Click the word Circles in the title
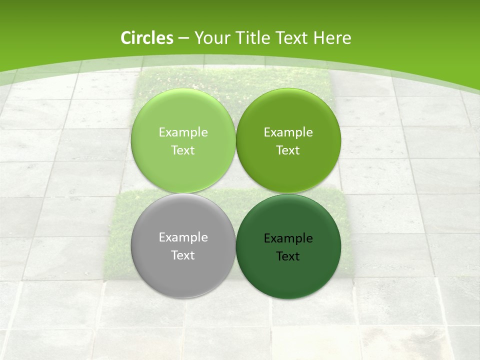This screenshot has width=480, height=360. click(146, 38)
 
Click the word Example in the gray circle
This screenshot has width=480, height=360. click(183, 237)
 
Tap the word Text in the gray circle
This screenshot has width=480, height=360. click(183, 255)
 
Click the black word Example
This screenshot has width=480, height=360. click(288, 238)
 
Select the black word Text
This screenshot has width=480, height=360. click(288, 256)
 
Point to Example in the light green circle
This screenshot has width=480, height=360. click(183, 132)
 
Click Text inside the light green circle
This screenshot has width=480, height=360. click(183, 150)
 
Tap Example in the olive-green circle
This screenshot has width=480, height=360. click(288, 132)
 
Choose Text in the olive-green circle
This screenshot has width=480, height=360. click(288, 150)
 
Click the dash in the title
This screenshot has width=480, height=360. click(183, 38)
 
